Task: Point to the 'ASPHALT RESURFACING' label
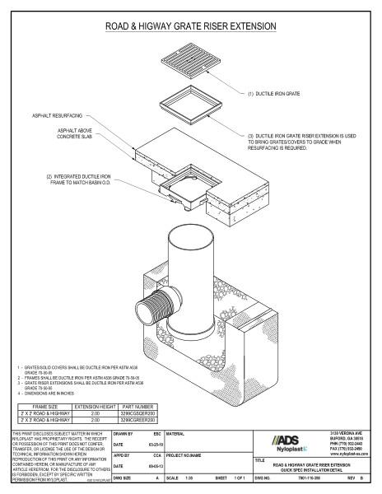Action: tap(63, 116)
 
